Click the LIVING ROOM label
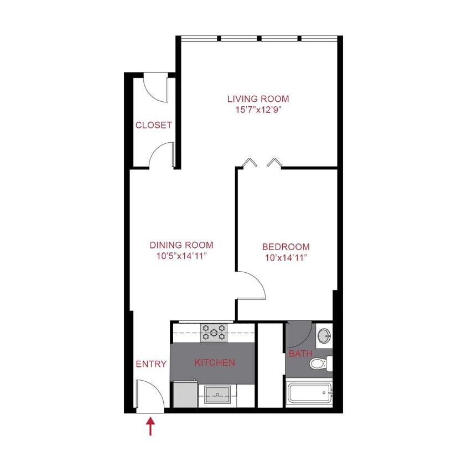pos(258,99)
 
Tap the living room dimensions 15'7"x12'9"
pos(258,110)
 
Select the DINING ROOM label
pos(181,245)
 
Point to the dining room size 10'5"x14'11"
pos(181,256)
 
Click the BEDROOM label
pos(286,247)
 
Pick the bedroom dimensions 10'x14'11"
pos(286,257)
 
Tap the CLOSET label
pos(153,126)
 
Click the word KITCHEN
pos(215,363)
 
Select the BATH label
pos(300,354)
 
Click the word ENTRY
pos(151,364)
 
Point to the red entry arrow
pos(151,427)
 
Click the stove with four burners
pos(214,332)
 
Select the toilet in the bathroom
pos(319,364)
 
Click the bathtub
pos(309,394)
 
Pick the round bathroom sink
pos(324,335)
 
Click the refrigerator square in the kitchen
pos(184,395)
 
